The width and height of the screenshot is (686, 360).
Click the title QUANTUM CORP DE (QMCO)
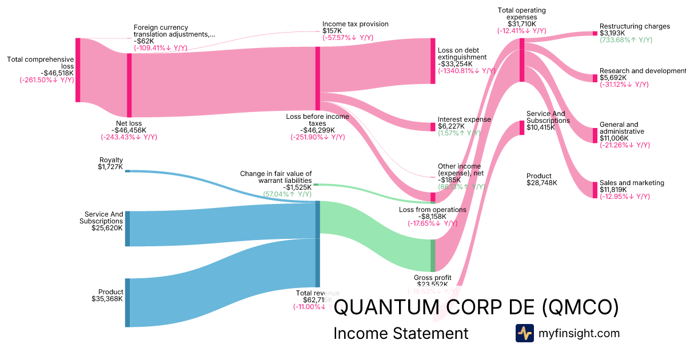click(476, 307)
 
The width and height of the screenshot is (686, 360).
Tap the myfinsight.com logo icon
click(524, 333)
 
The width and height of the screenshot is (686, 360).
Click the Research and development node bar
click(595, 78)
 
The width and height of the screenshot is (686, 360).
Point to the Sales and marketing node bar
click(595, 189)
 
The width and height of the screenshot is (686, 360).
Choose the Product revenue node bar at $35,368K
click(127, 302)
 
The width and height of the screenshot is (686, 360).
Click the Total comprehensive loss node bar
click(78, 70)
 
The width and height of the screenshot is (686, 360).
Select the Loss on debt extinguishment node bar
click(433, 61)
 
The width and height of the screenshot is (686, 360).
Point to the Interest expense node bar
click(433, 127)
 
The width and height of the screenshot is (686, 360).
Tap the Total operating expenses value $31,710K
click(521, 24)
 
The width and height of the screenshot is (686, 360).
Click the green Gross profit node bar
click(433, 255)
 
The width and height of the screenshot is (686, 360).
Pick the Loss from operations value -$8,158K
click(432, 217)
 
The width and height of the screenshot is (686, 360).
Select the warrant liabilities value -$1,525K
click(297, 187)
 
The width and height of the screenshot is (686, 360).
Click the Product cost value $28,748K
click(542, 183)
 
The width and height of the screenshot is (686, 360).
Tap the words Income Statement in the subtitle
click(400, 333)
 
